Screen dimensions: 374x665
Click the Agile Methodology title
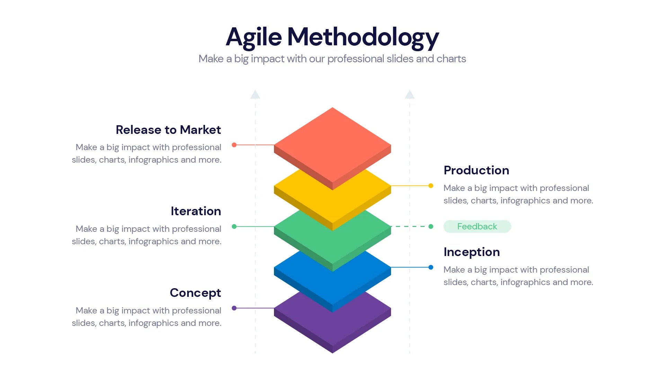(x=332, y=37)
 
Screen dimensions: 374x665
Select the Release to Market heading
(x=168, y=130)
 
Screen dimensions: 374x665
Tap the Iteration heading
(x=196, y=211)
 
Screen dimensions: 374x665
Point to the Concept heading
(x=195, y=293)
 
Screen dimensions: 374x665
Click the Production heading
(x=476, y=170)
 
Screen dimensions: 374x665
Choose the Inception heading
(x=471, y=252)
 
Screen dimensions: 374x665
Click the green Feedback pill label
(x=477, y=227)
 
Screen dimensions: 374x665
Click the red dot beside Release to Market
(x=234, y=145)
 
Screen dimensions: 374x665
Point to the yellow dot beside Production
(x=431, y=186)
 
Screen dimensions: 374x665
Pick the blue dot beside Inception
(x=431, y=267)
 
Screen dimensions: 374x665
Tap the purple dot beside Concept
(x=234, y=308)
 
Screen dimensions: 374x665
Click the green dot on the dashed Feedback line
(x=431, y=227)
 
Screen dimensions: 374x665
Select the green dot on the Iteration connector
(x=234, y=227)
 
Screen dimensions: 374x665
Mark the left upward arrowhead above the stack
(x=255, y=94)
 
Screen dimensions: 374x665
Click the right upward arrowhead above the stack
(x=410, y=94)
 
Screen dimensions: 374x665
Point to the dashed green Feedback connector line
(x=410, y=227)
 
